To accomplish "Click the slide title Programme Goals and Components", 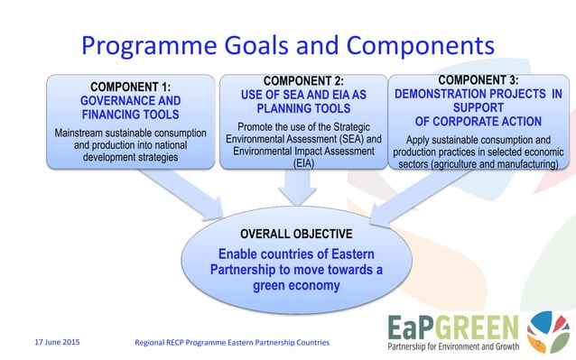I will tap(288, 45).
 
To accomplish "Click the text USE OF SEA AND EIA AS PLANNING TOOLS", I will tap(296, 101).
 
